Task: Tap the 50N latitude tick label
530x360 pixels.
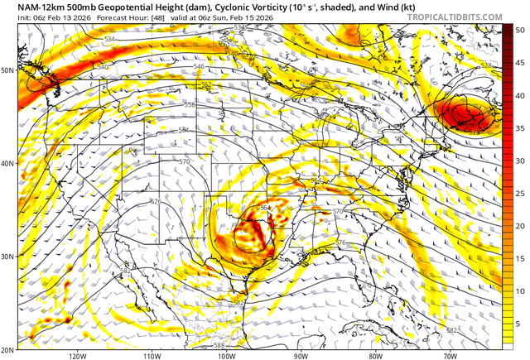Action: coord(9,70)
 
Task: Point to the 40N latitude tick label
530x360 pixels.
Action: coord(9,164)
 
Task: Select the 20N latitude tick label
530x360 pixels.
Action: coord(9,349)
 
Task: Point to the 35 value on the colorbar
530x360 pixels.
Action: coord(518,128)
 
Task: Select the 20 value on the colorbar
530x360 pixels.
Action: coord(518,226)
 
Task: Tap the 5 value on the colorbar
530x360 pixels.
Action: coord(518,324)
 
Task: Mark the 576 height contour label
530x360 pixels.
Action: coord(340,242)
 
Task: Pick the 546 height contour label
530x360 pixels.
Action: coord(199,66)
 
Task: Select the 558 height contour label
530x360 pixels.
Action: coord(189,105)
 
